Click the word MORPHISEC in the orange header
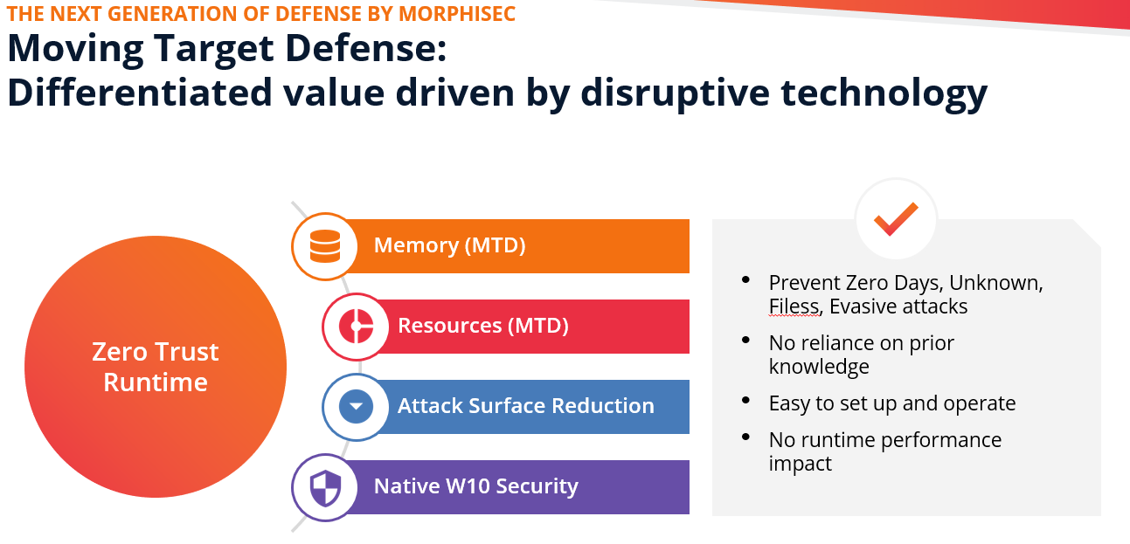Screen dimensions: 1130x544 [457, 14]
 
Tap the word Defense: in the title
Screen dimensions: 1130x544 [365, 48]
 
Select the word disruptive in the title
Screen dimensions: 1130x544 [676, 93]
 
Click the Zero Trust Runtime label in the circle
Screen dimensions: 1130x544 [156, 367]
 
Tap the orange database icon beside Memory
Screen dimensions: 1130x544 [325, 246]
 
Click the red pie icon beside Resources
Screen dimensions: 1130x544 [357, 327]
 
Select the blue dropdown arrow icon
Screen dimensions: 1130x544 [357, 406]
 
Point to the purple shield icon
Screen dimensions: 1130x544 [325, 487]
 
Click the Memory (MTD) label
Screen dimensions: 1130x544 [449, 245]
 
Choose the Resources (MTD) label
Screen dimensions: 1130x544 [483, 326]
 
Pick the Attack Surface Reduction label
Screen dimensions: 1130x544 [526, 406]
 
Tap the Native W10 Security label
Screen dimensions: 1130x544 [475, 486]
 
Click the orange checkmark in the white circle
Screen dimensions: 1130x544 [896, 219]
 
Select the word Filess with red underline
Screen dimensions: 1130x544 [794, 306]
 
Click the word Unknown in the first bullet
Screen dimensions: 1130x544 [995, 283]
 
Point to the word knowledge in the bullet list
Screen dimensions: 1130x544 [819, 367]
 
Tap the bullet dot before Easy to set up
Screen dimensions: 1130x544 [746, 400]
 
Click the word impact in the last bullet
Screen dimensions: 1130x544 [800, 464]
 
